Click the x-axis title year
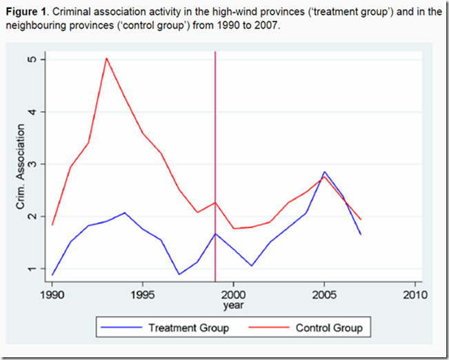point(234,305)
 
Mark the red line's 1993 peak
point(106,58)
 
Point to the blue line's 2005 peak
point(325,172)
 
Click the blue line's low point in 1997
point(179,274)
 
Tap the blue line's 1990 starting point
point(52,275)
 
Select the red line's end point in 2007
point(361,219)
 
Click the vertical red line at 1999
point(216,138)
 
